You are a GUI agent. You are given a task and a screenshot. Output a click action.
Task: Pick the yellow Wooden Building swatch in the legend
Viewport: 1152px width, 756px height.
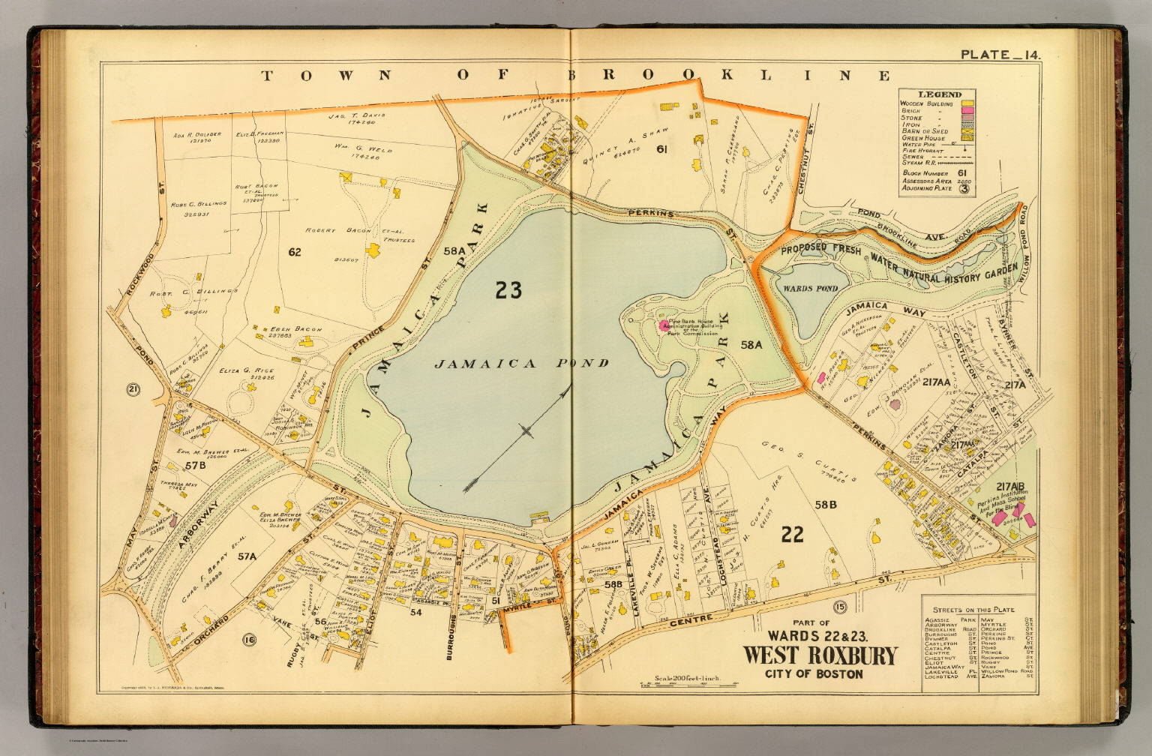point(968,102)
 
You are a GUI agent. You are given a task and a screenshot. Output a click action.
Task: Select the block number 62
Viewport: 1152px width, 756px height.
point(294,252)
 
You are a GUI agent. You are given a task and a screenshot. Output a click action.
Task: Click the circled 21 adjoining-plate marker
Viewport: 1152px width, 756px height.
point(133,388)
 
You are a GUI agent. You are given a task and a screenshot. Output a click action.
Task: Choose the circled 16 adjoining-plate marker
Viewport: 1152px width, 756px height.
point(249,639)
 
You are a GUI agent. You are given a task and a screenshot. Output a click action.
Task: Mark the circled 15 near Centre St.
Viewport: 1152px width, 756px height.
point(839,606)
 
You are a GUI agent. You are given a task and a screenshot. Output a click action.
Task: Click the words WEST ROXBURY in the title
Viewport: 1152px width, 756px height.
point(819,655)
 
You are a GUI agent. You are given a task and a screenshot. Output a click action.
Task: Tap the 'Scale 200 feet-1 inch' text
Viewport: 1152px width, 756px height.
point(687,678)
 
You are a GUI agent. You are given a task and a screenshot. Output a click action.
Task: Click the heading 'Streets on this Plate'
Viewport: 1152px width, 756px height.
point(973,609)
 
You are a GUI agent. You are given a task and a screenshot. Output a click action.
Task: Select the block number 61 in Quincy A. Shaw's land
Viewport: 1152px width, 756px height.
point(661,149)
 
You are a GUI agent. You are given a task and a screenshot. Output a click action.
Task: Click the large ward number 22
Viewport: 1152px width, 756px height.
point(792,534)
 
